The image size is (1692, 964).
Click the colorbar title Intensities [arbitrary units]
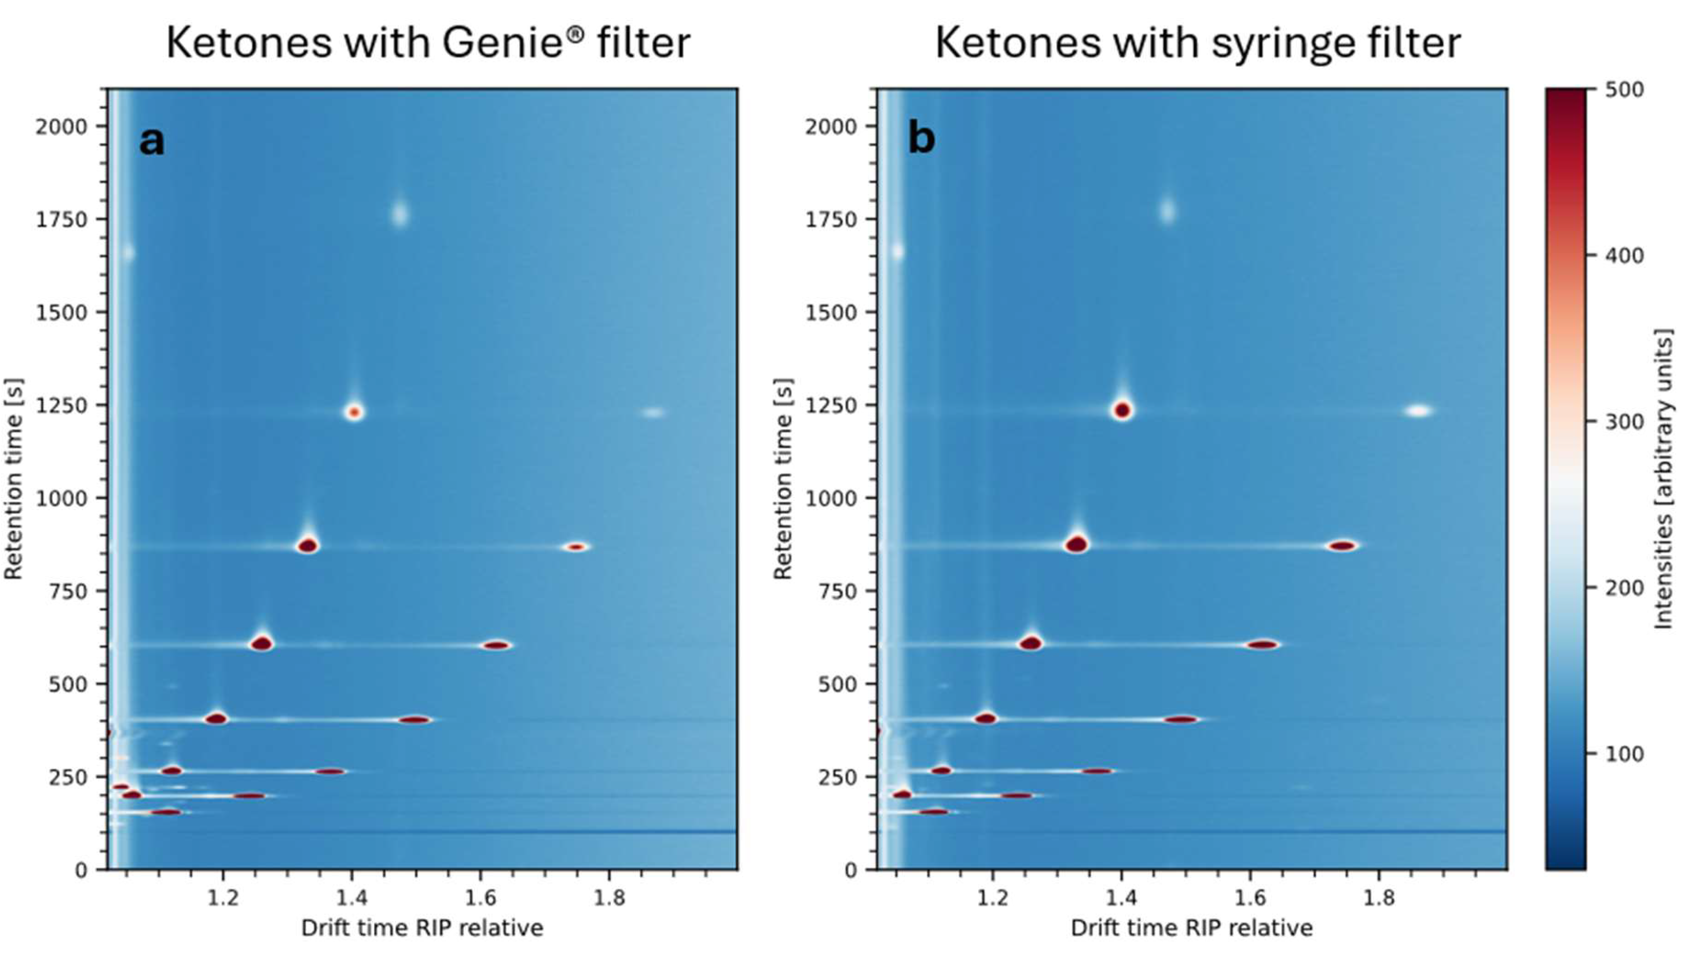click(1664, 479)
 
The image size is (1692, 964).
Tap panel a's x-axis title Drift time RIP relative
click(422, 927)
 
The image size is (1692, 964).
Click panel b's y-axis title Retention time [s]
click(783, 479)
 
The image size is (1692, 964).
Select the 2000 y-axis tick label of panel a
click(62, 126)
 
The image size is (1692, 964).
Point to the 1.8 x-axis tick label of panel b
click(1379, 898)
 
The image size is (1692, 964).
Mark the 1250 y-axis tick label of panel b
click(831, 405)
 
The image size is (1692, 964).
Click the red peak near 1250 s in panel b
click(1122, 410)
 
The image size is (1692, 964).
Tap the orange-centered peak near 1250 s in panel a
click(355, 412)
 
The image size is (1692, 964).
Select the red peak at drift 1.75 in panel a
click(576, 547)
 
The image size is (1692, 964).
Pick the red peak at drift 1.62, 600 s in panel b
click(1263, 644)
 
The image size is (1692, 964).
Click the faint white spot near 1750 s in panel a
click(399, 213)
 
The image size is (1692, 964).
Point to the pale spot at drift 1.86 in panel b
click(1419, 411)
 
